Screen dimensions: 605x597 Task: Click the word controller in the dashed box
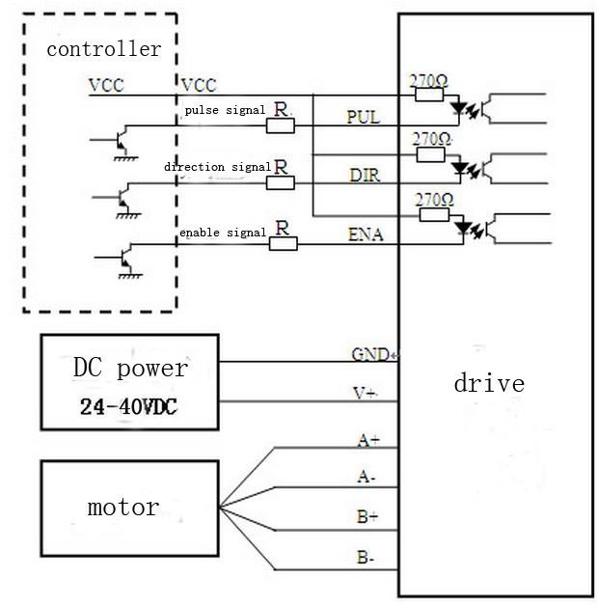point(104,49)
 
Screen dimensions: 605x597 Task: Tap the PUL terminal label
point(364,118)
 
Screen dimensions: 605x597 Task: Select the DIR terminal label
point(364,175)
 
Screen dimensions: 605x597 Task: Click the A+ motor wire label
point(368,440)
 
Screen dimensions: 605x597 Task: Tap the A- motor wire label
point(367,478)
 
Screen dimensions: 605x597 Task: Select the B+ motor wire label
point(367,517)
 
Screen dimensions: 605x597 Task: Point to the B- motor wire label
point(367,557)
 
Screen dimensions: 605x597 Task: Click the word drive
point(489,384)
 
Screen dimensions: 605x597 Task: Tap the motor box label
point(123,508)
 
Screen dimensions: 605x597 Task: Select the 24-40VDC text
point(130,406)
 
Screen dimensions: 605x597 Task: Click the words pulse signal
point(225,111)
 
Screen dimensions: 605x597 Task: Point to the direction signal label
point(217,167)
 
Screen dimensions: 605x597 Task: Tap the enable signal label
point(223,233)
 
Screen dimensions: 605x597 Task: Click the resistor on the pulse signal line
point(282,126)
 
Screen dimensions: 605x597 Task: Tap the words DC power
point(130,369)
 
